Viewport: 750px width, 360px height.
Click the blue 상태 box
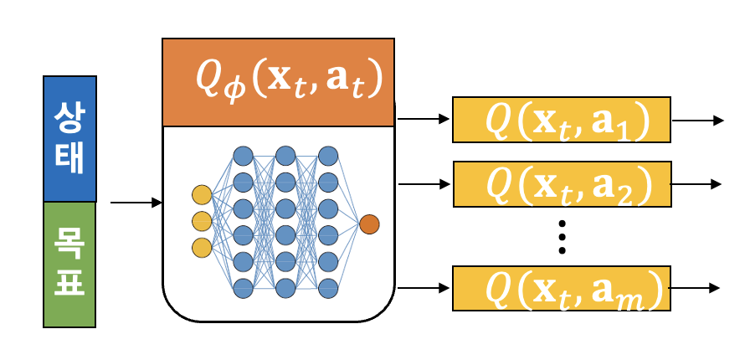point(69,139)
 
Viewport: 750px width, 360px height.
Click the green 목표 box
point(69,264)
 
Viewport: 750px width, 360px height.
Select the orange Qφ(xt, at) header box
point(278,82)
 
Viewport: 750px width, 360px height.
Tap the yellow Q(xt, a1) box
point(562,121)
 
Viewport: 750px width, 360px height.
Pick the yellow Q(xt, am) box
point(562,289)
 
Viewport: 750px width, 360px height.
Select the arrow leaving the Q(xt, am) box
point(697,289)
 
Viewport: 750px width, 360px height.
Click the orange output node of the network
point(369,224)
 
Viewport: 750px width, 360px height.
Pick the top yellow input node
point(202,195)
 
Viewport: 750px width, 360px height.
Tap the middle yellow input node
point(202,222)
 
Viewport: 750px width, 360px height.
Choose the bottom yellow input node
point(202,248)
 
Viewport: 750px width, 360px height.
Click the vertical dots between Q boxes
point(562,237)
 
